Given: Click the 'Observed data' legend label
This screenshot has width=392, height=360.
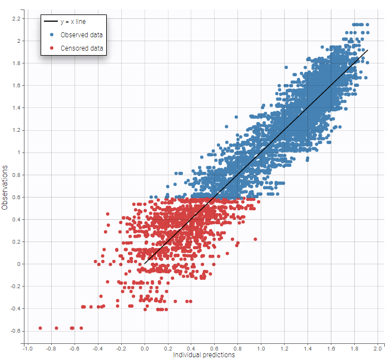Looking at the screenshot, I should tap(81, 35).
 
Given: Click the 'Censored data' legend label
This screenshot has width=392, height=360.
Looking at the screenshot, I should tap(82, 48).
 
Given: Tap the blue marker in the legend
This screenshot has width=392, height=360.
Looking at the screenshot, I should tap(51, 35).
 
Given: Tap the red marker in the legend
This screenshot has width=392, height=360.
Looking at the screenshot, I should tap(51, 48).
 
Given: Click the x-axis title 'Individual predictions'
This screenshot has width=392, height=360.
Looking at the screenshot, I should tap(204, 355).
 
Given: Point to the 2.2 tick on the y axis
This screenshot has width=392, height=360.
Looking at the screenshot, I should tap(16, 18).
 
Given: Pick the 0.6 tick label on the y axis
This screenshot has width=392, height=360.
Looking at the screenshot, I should tap(16, 197).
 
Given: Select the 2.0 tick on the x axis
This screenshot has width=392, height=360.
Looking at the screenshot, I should tap(378, 348).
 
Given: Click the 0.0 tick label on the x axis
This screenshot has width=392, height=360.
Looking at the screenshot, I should tap(145, 348).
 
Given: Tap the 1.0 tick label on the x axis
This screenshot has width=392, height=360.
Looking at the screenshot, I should tap(261, 348).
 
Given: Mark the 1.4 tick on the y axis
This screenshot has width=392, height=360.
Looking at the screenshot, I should tap(16, 108).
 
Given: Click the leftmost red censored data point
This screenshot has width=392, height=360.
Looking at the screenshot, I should tap(41, 328).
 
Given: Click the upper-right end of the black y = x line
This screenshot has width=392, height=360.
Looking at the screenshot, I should tap(368, 50).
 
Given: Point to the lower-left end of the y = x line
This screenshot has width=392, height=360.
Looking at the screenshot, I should tap(145, 264).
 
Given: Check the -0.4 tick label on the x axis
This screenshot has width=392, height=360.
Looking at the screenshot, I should tap(98, 348).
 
